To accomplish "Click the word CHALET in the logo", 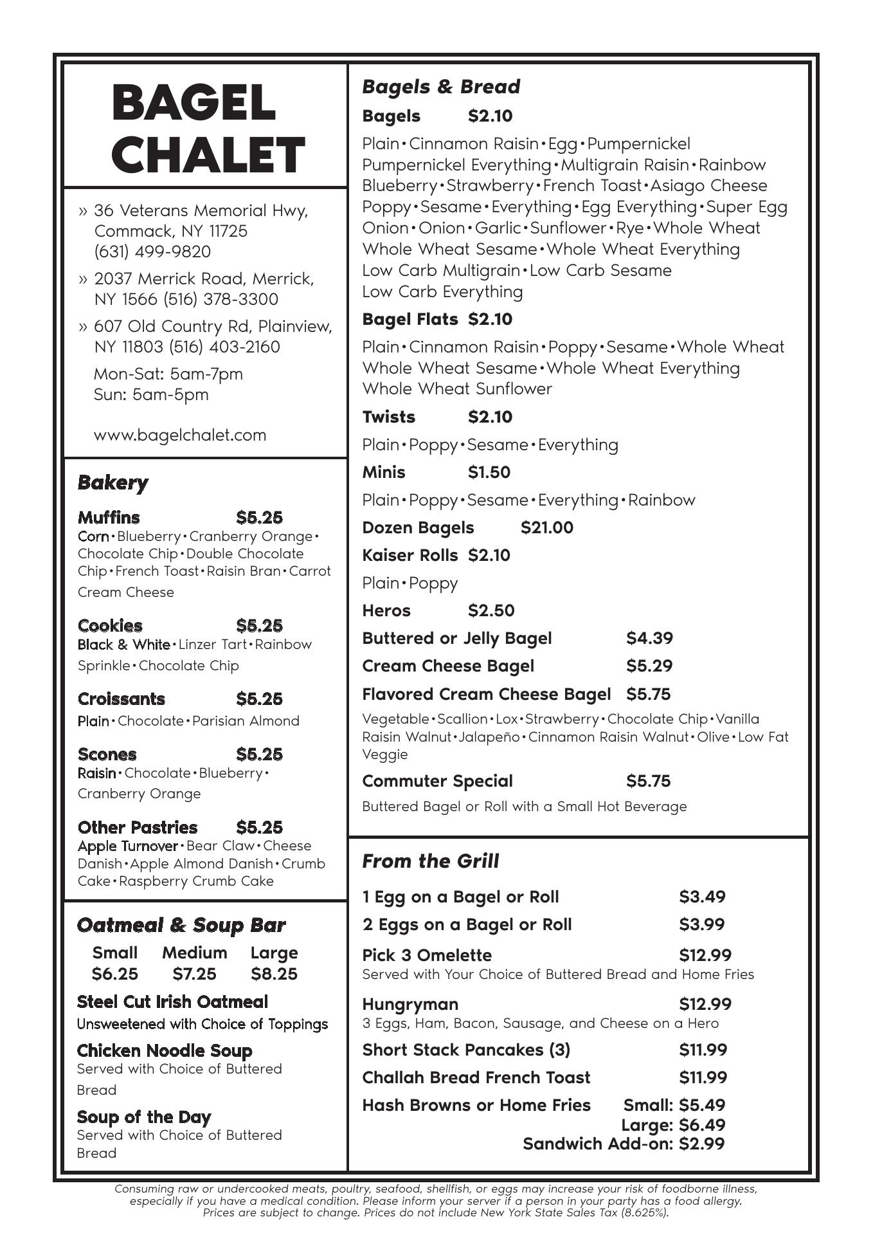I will (x=208, y=154).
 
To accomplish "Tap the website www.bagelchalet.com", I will (x=180, y=435).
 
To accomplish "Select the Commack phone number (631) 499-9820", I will (x=152, y=252).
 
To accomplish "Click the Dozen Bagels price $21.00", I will (x=546, y=528).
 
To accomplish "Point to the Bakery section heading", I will (x=113, y=482).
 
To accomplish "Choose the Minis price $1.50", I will (x=489, y=473).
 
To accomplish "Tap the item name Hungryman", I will (x=410, y=1004).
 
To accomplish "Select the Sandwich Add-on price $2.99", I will (x=701, y=1144).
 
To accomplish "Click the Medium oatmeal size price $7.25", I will (x=194, y=974).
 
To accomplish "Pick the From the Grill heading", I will (x=430, y=861).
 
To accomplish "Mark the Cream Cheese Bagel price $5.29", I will (x=649, y=666).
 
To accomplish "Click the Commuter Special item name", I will (x=437, y=781).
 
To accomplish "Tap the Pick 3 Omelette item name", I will (x=426, y=955).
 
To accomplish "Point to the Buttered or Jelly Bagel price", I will (x=649, y=638).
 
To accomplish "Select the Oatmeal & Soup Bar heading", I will (x=181, y=926).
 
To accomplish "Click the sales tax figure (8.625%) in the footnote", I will (x=644, y=1212).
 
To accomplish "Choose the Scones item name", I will (x=107, y=754).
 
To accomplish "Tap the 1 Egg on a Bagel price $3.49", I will (x=702, y=897).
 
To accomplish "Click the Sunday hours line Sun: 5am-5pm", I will (x=151, y=394).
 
